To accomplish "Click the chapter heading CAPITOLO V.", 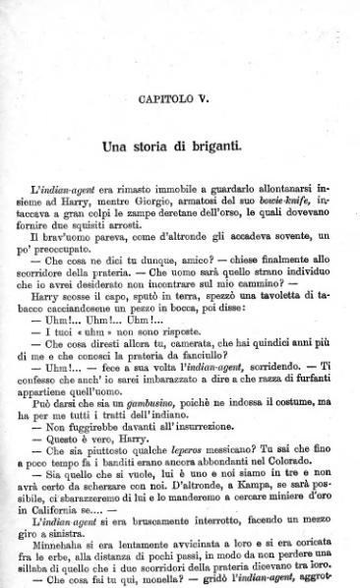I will pyautogui.click(x=179, y=99).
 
